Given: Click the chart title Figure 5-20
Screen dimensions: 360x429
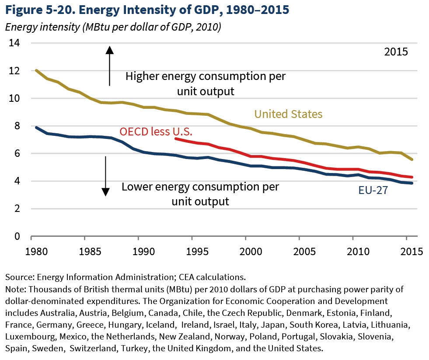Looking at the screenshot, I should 147,10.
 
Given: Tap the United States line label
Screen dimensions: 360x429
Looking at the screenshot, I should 288,114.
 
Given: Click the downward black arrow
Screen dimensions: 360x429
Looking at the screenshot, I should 105,175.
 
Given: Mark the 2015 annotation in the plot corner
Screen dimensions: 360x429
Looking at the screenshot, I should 396,52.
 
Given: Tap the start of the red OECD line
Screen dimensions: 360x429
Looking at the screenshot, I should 175,138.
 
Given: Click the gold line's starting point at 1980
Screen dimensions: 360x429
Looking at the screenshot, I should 36,70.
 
